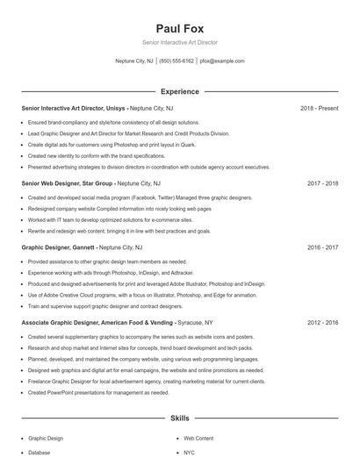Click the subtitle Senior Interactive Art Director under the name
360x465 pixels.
coord(179,42)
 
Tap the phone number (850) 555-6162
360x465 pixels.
coord(176,61)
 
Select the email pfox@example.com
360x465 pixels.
coord(222,61)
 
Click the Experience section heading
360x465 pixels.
coord(179,91)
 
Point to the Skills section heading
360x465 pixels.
coord(179,419)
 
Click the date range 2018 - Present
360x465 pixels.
coord(319,108)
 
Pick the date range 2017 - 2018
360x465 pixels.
coord(322,183)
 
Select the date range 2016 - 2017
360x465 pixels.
coord(322,248)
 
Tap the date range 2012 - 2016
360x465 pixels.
coord(322,323)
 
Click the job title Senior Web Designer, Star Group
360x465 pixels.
coord(68,183)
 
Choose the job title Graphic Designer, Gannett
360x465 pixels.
coord(58,248)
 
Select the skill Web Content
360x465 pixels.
coord(198,437)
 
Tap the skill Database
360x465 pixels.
coord(39,453)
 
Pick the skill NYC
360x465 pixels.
coord(190,453)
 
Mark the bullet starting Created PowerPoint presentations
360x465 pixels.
coord(98,392)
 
